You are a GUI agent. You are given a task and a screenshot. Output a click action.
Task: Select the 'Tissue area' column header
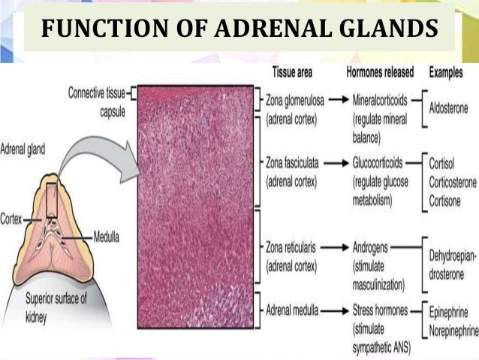tap(290, 73)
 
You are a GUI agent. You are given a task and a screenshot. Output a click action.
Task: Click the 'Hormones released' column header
tap(381, 73)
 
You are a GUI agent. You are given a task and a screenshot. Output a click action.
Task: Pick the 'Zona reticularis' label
tap(295, 247)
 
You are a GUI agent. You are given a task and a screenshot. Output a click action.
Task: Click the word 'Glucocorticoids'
tap(382, 162)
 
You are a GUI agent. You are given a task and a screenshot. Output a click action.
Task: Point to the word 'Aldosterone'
tap(447, 108)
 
